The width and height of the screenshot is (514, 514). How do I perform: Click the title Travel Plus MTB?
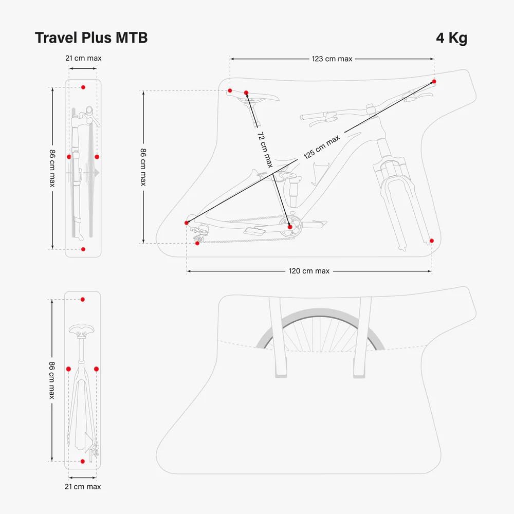91,38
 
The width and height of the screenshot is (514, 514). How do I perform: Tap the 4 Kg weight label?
451,38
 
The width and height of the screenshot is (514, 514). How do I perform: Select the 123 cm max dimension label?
332,59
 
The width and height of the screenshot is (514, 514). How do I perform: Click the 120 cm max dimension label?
309,271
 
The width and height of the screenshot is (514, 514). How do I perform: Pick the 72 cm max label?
265,150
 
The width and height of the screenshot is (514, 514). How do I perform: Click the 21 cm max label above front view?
83,58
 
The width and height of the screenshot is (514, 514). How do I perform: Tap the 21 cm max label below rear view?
83,486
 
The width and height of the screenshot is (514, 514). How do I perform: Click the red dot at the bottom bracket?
290,227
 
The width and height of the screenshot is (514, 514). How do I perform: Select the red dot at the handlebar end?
434,81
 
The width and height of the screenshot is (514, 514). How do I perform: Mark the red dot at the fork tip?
431,241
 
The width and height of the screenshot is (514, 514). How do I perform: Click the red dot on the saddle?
246,93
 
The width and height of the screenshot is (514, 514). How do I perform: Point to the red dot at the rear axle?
187,223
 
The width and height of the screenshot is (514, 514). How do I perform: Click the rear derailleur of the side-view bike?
199,234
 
